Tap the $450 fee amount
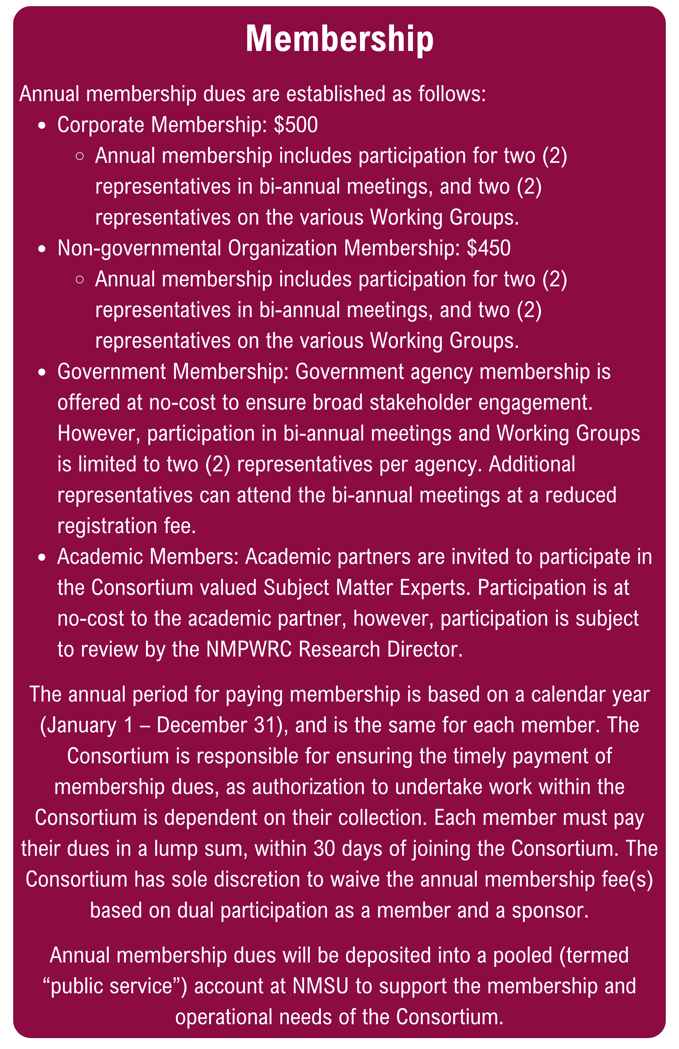point(489,248)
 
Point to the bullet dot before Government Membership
point(42,372)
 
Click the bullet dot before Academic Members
point(42,557)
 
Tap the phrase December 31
point(216,725)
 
